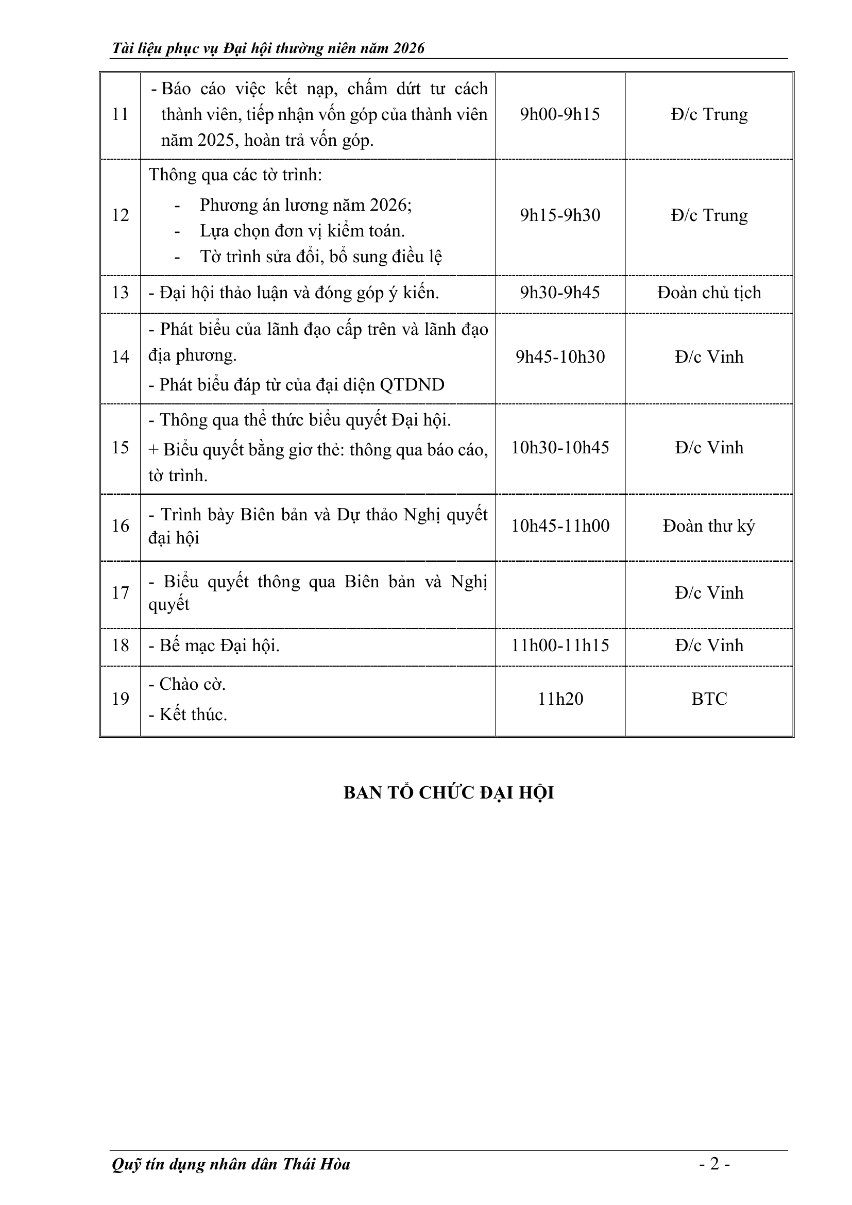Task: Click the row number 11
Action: pyautogui.click(x=120, y=114)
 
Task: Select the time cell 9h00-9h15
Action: pyautogui.click(x=560, y=114)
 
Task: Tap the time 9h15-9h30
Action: pyautogui.click(x=560, y=215)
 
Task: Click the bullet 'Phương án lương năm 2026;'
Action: pyautogui.click(x=305, y=205)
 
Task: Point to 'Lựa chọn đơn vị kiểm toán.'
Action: pyautogui.click(x=302, y=231)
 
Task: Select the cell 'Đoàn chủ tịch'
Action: pyautogui.click(x=709, y=293)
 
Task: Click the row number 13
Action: pyautogui.click(x=120, y=293)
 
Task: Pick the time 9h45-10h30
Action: pyautogui.click(x=560, y=357)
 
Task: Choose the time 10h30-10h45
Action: pyautogui.click(x=560, y=448)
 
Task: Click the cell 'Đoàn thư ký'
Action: pyautogui.click(x=709, y=526)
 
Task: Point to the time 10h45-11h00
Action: pyautogui.click(x=560, y=526)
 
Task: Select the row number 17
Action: pyautogui.click(x=120, y=593)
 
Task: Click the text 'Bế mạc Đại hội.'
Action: pyautogui.click(x=219, y=646)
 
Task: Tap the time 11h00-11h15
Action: pyautogui.click(x=560, y=646)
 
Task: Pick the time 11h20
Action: pyautogui.click(x=560, y=699)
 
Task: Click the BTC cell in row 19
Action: pyautogui.click(x=709, y=699)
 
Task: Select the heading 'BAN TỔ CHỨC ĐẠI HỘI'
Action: pyautogui.click(x=449, y=792)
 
